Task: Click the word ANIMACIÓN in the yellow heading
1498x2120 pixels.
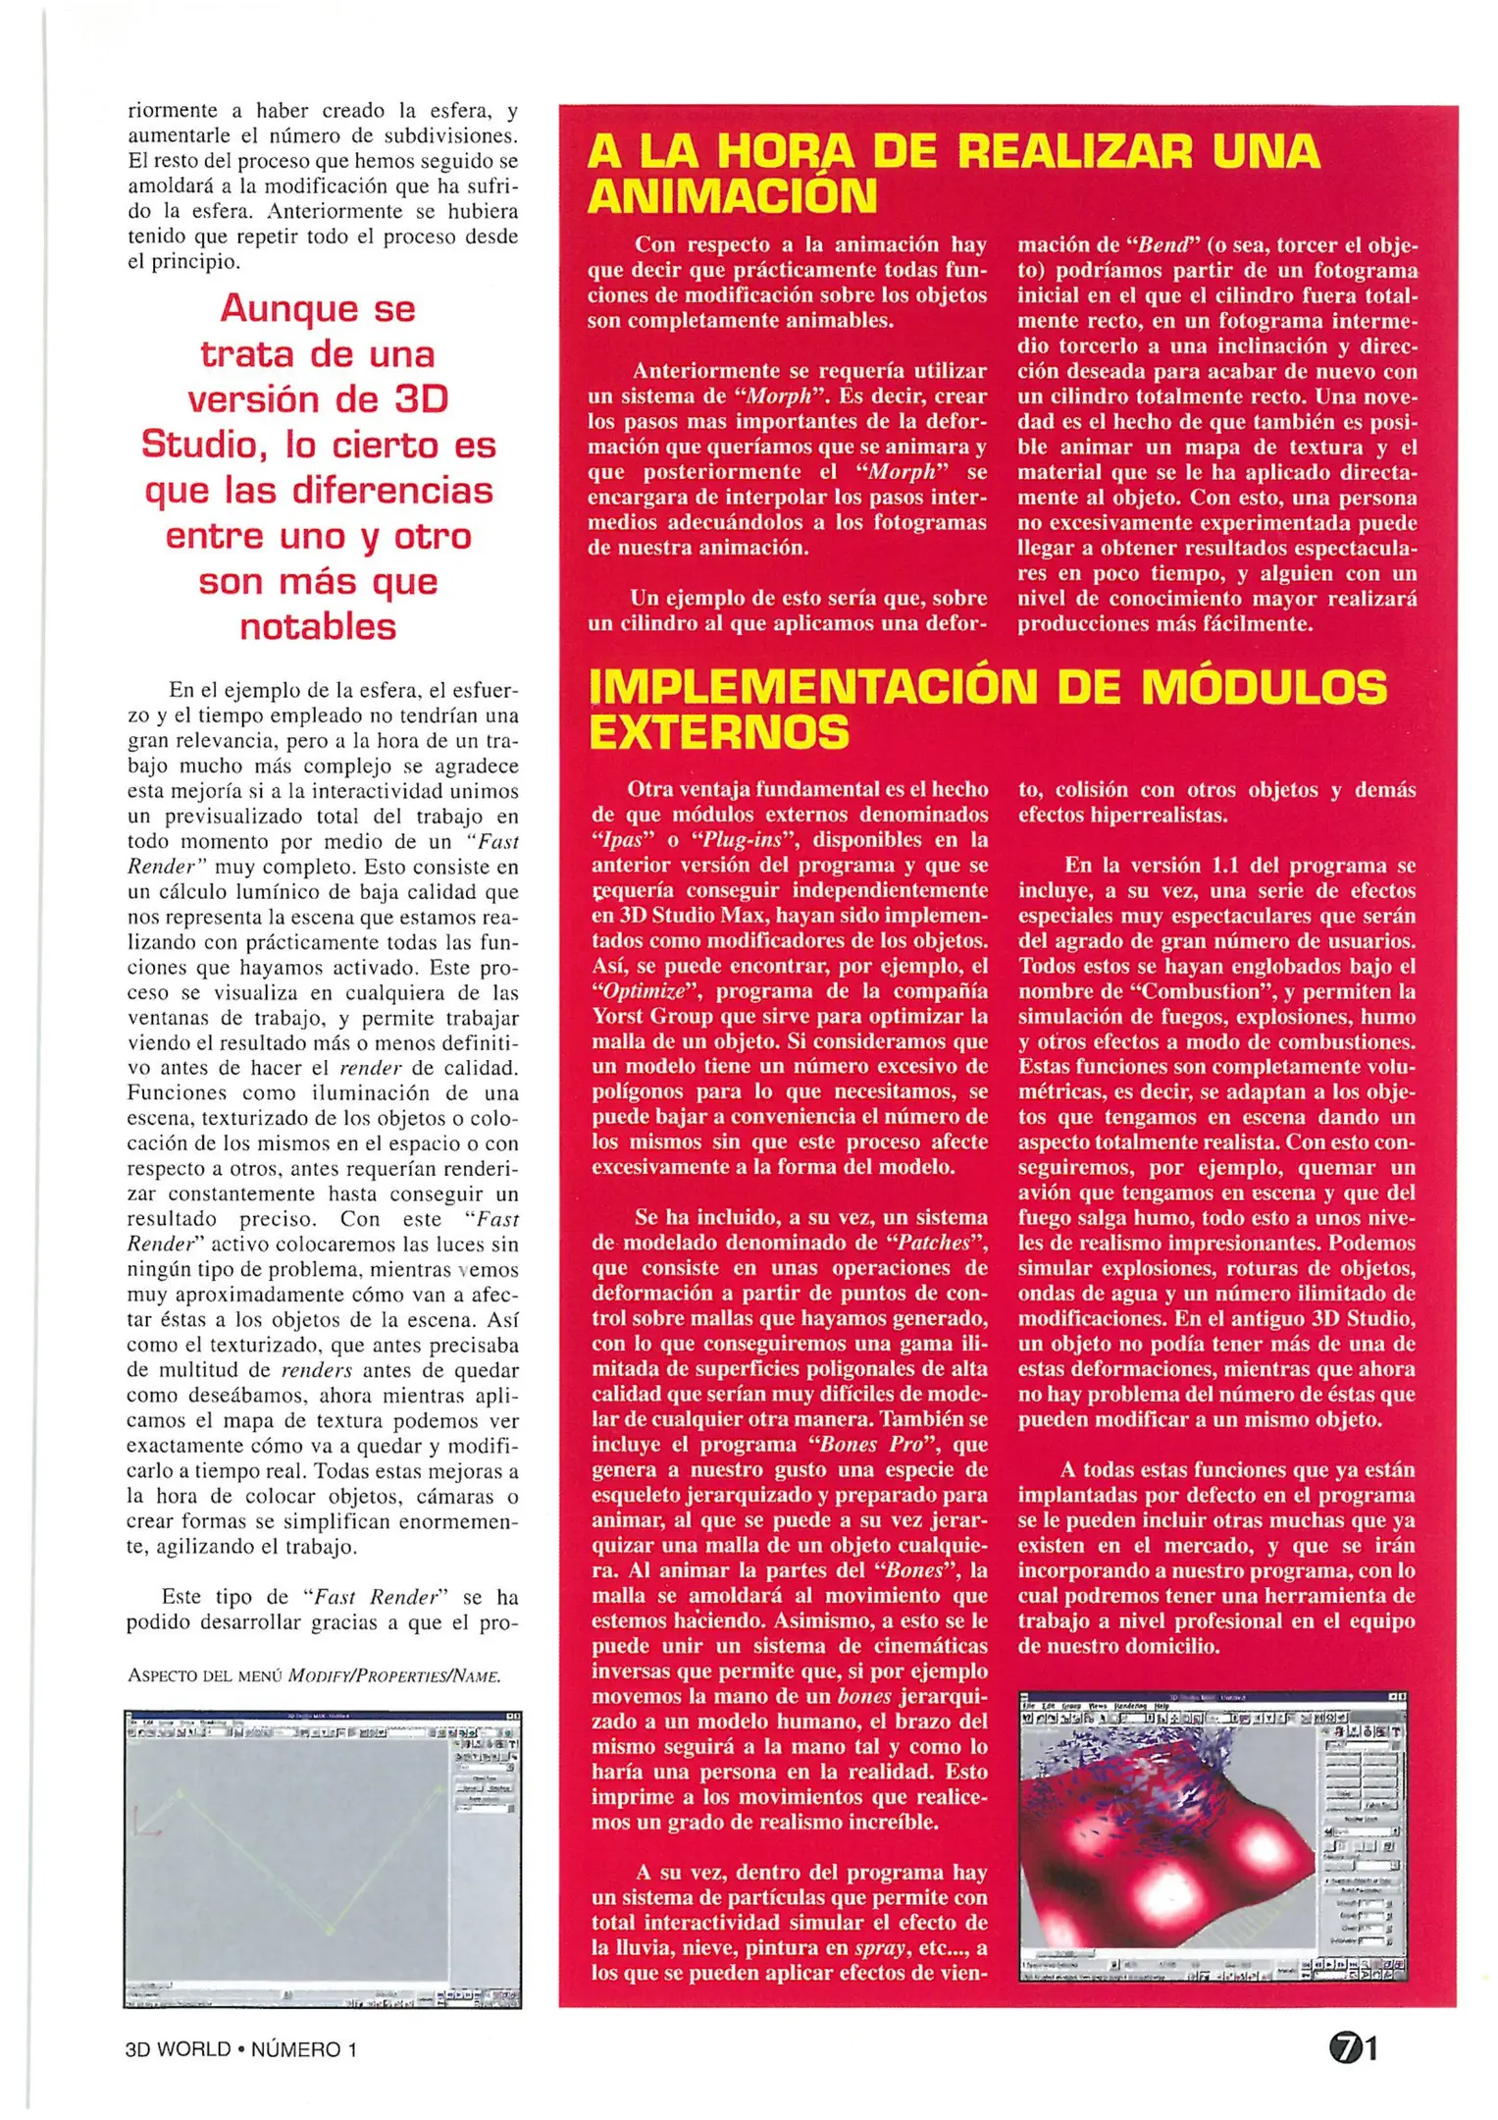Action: coord(732,196)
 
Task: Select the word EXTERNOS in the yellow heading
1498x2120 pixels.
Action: coord(719,732)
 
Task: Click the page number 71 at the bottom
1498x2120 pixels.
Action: coord(1354,2048)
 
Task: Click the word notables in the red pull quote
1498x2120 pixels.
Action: coord(318,626)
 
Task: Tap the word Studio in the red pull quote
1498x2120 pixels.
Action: coord(204,445)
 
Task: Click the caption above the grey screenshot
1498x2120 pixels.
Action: coord(314,1675)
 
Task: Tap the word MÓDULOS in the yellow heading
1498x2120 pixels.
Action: coord(1266,687)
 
